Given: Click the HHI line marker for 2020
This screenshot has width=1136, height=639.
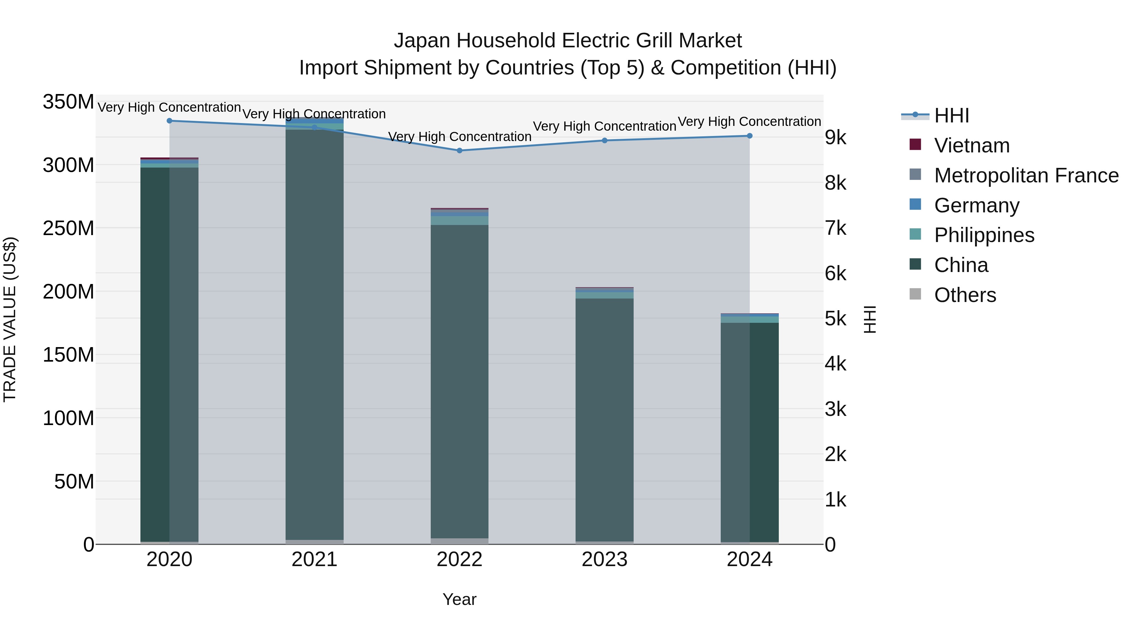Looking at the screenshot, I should pyautogui.click(x=169, y=121).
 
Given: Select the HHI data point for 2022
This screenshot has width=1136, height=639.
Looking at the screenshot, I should pyautogui.click(x=459, y=151).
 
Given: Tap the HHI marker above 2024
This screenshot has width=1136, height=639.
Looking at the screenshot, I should pyautogui.click(x=750, y=136).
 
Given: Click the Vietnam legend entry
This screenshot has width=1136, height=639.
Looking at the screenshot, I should pyautogui.click(x=972, y=145).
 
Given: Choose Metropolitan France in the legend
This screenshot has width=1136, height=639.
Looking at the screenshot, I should pyautogui.click(x=1026, y=175).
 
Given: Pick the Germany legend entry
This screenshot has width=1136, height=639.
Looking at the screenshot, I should pyautogui.click(x=976, y=205).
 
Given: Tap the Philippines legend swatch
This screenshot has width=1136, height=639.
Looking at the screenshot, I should pyautogui.click(x=915, y=234).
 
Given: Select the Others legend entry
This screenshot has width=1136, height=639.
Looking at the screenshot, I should pyautogui.click(x=965, y=295).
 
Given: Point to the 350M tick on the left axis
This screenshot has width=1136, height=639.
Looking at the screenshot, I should pyautogui.click(x=68, y=102).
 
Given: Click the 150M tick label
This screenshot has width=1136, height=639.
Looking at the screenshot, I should pyautogui.click(x=68, y=355).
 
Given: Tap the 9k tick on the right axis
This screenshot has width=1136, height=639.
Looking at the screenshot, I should pyautogui.click(x=836, y=138).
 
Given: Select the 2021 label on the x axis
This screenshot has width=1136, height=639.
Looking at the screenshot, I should pyautogui.click(x=314, y=559).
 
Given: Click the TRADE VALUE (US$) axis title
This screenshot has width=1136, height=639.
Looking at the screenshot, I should pyautogui.click(x=10, y=319).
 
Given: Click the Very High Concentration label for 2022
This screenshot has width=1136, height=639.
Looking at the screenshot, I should pyautogui.click(x=459, y=137).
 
